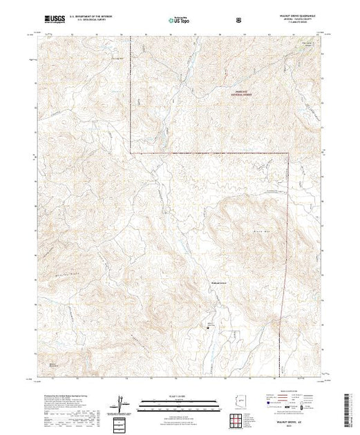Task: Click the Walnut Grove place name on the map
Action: tap(219, 283)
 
